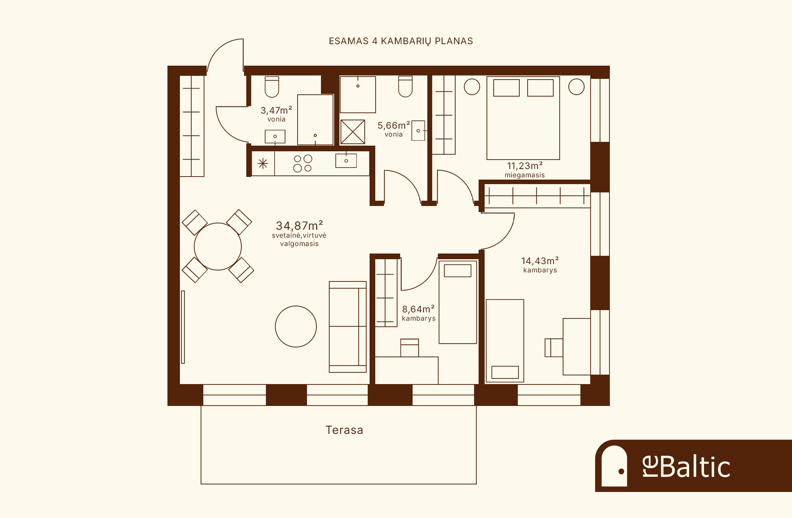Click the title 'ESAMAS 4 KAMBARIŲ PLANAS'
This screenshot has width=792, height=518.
(401, 41)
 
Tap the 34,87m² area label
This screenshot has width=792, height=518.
(299, 226)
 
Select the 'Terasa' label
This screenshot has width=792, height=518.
(344, 430)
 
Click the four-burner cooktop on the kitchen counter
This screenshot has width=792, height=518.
(302, 163)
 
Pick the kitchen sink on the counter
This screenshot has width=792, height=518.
(346, 161)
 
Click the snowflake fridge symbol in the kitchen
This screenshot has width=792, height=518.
(263, 163)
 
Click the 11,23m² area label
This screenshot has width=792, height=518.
(525, 166)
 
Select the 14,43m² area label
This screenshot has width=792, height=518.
(540, 261)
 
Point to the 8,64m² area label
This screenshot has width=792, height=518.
(418, 309)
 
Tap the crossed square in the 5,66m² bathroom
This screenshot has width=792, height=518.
(353, 132)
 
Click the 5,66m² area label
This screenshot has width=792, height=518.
(394, 125)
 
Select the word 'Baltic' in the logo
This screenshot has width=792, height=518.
(695, 467)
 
